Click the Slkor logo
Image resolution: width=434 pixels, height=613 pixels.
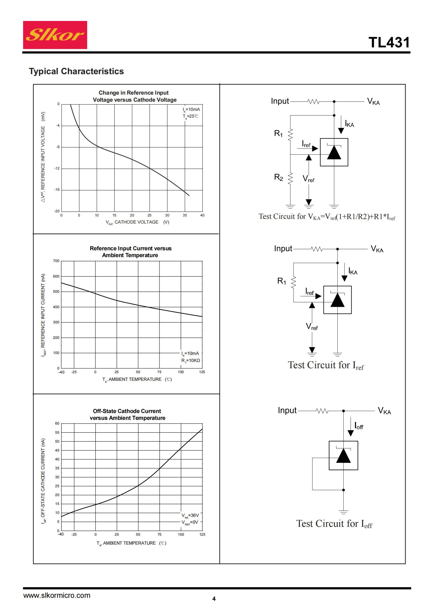(55, 35)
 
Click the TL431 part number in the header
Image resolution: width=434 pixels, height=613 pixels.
(389, 42)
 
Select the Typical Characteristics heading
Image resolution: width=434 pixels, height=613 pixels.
(76, 71)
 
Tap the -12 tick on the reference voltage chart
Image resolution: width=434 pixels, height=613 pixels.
(57, 169)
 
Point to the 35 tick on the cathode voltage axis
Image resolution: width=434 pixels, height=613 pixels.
(185, 215)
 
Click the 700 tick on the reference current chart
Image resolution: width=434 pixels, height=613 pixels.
(56, 261)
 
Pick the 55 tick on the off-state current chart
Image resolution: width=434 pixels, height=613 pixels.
(57, 432)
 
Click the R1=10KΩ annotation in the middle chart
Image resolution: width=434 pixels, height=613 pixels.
(191, 361)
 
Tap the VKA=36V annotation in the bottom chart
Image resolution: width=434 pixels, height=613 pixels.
(190, 515)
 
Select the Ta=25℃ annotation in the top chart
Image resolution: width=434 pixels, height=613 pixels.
(191, 116)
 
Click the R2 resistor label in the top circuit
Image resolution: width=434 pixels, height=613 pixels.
(278, 177)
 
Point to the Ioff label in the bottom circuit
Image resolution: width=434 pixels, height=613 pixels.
(359, 425)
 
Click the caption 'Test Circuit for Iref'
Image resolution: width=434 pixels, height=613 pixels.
(326, 365)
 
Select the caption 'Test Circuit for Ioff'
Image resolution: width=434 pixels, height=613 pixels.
(334, 524)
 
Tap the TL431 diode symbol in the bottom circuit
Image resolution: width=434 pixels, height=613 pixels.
(343, 455)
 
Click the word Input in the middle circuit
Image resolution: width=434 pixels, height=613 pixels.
(283, 248)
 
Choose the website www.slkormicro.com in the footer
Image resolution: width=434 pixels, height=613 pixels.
(57, 595)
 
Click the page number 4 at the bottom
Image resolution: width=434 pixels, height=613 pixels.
(214, 599)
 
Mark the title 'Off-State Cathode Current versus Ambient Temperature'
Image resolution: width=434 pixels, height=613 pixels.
(127, 414)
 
